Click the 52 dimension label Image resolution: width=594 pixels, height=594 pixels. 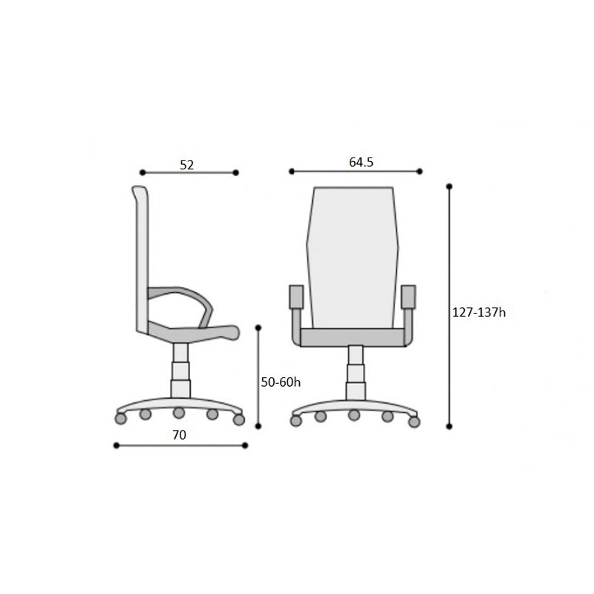click(187, 165)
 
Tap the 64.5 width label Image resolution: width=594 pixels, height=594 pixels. click(361, 162)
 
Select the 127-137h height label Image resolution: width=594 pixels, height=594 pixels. click(479, 313)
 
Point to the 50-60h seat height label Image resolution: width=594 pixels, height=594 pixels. click(281, 382)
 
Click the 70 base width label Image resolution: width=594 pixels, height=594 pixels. click(179, 435)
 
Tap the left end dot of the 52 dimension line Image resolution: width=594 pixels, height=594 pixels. click(143, 173)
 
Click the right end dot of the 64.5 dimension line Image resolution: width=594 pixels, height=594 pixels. click(420, 172)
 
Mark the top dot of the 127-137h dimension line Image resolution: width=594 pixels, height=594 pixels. click(449, 186)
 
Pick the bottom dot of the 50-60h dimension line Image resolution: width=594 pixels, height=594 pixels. click(258, 426)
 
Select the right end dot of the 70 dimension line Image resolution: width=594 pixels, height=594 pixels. click(245, 446)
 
